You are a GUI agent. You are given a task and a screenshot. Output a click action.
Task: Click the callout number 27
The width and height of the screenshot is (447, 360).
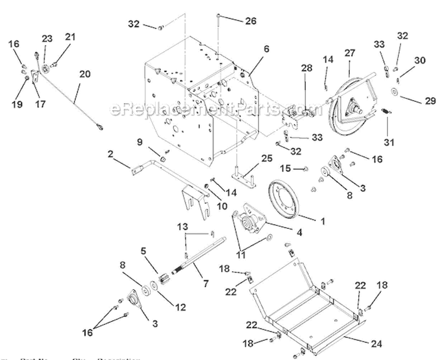(x=349, y=53)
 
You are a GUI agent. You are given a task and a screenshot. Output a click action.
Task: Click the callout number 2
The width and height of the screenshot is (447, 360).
(x=111, y=154)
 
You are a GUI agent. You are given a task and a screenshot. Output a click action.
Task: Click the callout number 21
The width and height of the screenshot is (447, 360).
(x=71, y=37)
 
